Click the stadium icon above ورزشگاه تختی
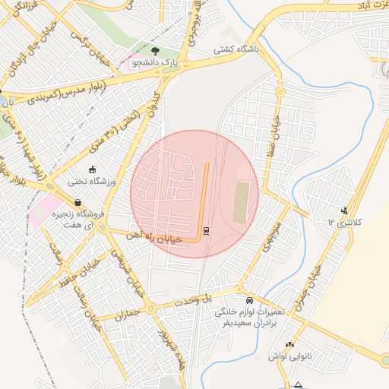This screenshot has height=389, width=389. tap(93, 169)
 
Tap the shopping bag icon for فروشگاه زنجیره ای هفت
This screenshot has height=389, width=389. tap(78, 202)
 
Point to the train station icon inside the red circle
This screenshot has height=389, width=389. tap(207, 230)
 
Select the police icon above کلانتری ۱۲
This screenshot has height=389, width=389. tap(345, 210)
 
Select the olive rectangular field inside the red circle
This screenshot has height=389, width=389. tap(240, 202)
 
